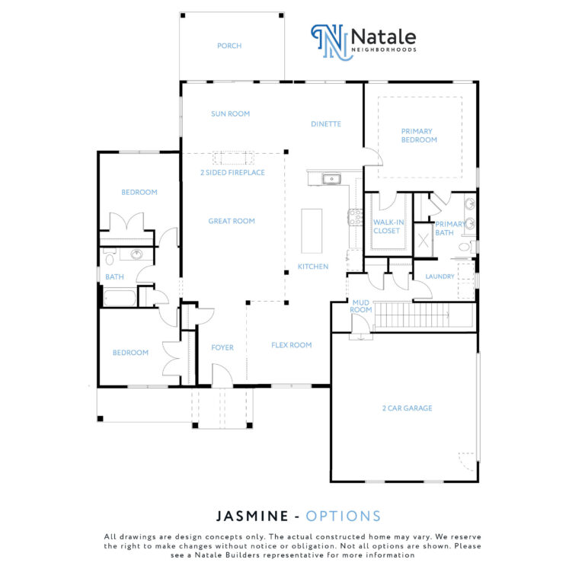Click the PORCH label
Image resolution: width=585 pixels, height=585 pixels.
pyautogui.click(x=229, y=46)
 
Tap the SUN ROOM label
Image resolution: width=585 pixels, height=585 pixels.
pyautogui.click(x=230, y=113)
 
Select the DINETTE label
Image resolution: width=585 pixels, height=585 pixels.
pyautogui.click(x=326, y=124)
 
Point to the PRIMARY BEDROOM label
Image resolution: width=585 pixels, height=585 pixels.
pyautogui.click(x=419, y=136)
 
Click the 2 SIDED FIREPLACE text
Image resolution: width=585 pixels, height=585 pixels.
pyautogui.click(x=232, y=172)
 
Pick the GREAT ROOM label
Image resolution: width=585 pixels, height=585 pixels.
pyautogui.click(x=232, y=221)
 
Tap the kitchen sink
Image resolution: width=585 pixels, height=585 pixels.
pyautogui.click(x=331, y=179)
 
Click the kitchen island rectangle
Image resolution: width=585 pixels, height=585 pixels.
pyautogui.click(x=312, y=231)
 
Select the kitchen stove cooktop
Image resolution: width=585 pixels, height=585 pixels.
pyautogui.click(x=355, y=217)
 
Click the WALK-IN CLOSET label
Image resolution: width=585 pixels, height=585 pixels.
pyautogui.click(x=388, y=226)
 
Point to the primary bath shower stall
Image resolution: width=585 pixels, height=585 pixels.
pyautogui.click(x=423, y=241)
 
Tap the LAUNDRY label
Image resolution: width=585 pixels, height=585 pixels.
pyautogui.click(x=440, y=277)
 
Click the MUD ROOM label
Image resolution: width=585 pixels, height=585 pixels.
pyautogui.click(x=361, y=306)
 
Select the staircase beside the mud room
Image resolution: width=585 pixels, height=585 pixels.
pyautogui.click(x=411, y=315)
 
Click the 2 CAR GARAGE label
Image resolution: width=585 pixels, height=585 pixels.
pyautogui.click(x=407, y=408)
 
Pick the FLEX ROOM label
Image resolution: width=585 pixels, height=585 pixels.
pyautogui.click(x=292, y=345)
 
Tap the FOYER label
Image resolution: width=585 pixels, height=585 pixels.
pyautogui.click(x=222, y=347)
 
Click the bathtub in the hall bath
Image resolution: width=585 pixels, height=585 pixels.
pyautogui.click(x=120, y=298)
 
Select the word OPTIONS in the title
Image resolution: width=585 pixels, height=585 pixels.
pyautogui.click(x=344, y=516)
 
